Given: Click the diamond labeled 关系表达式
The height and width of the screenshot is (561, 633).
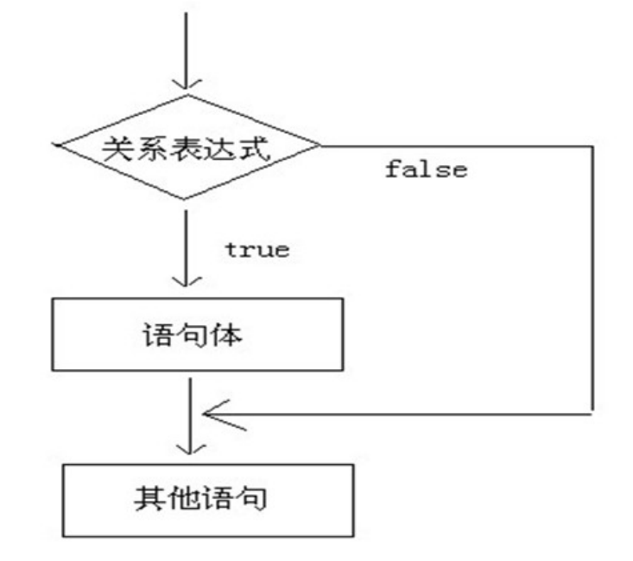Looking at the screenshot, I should [186, 147].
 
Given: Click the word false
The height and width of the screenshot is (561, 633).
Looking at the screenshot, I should [427, 169].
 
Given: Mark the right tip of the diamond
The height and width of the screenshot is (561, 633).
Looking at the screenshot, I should [320, 146].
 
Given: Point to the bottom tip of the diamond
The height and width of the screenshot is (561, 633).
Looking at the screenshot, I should [185, 199].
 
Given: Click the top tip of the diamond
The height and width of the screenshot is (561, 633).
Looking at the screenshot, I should [185, 95].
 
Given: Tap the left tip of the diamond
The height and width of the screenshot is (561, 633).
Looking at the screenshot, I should [54, 148].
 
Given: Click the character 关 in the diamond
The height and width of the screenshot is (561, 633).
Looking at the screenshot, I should [118, 147].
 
